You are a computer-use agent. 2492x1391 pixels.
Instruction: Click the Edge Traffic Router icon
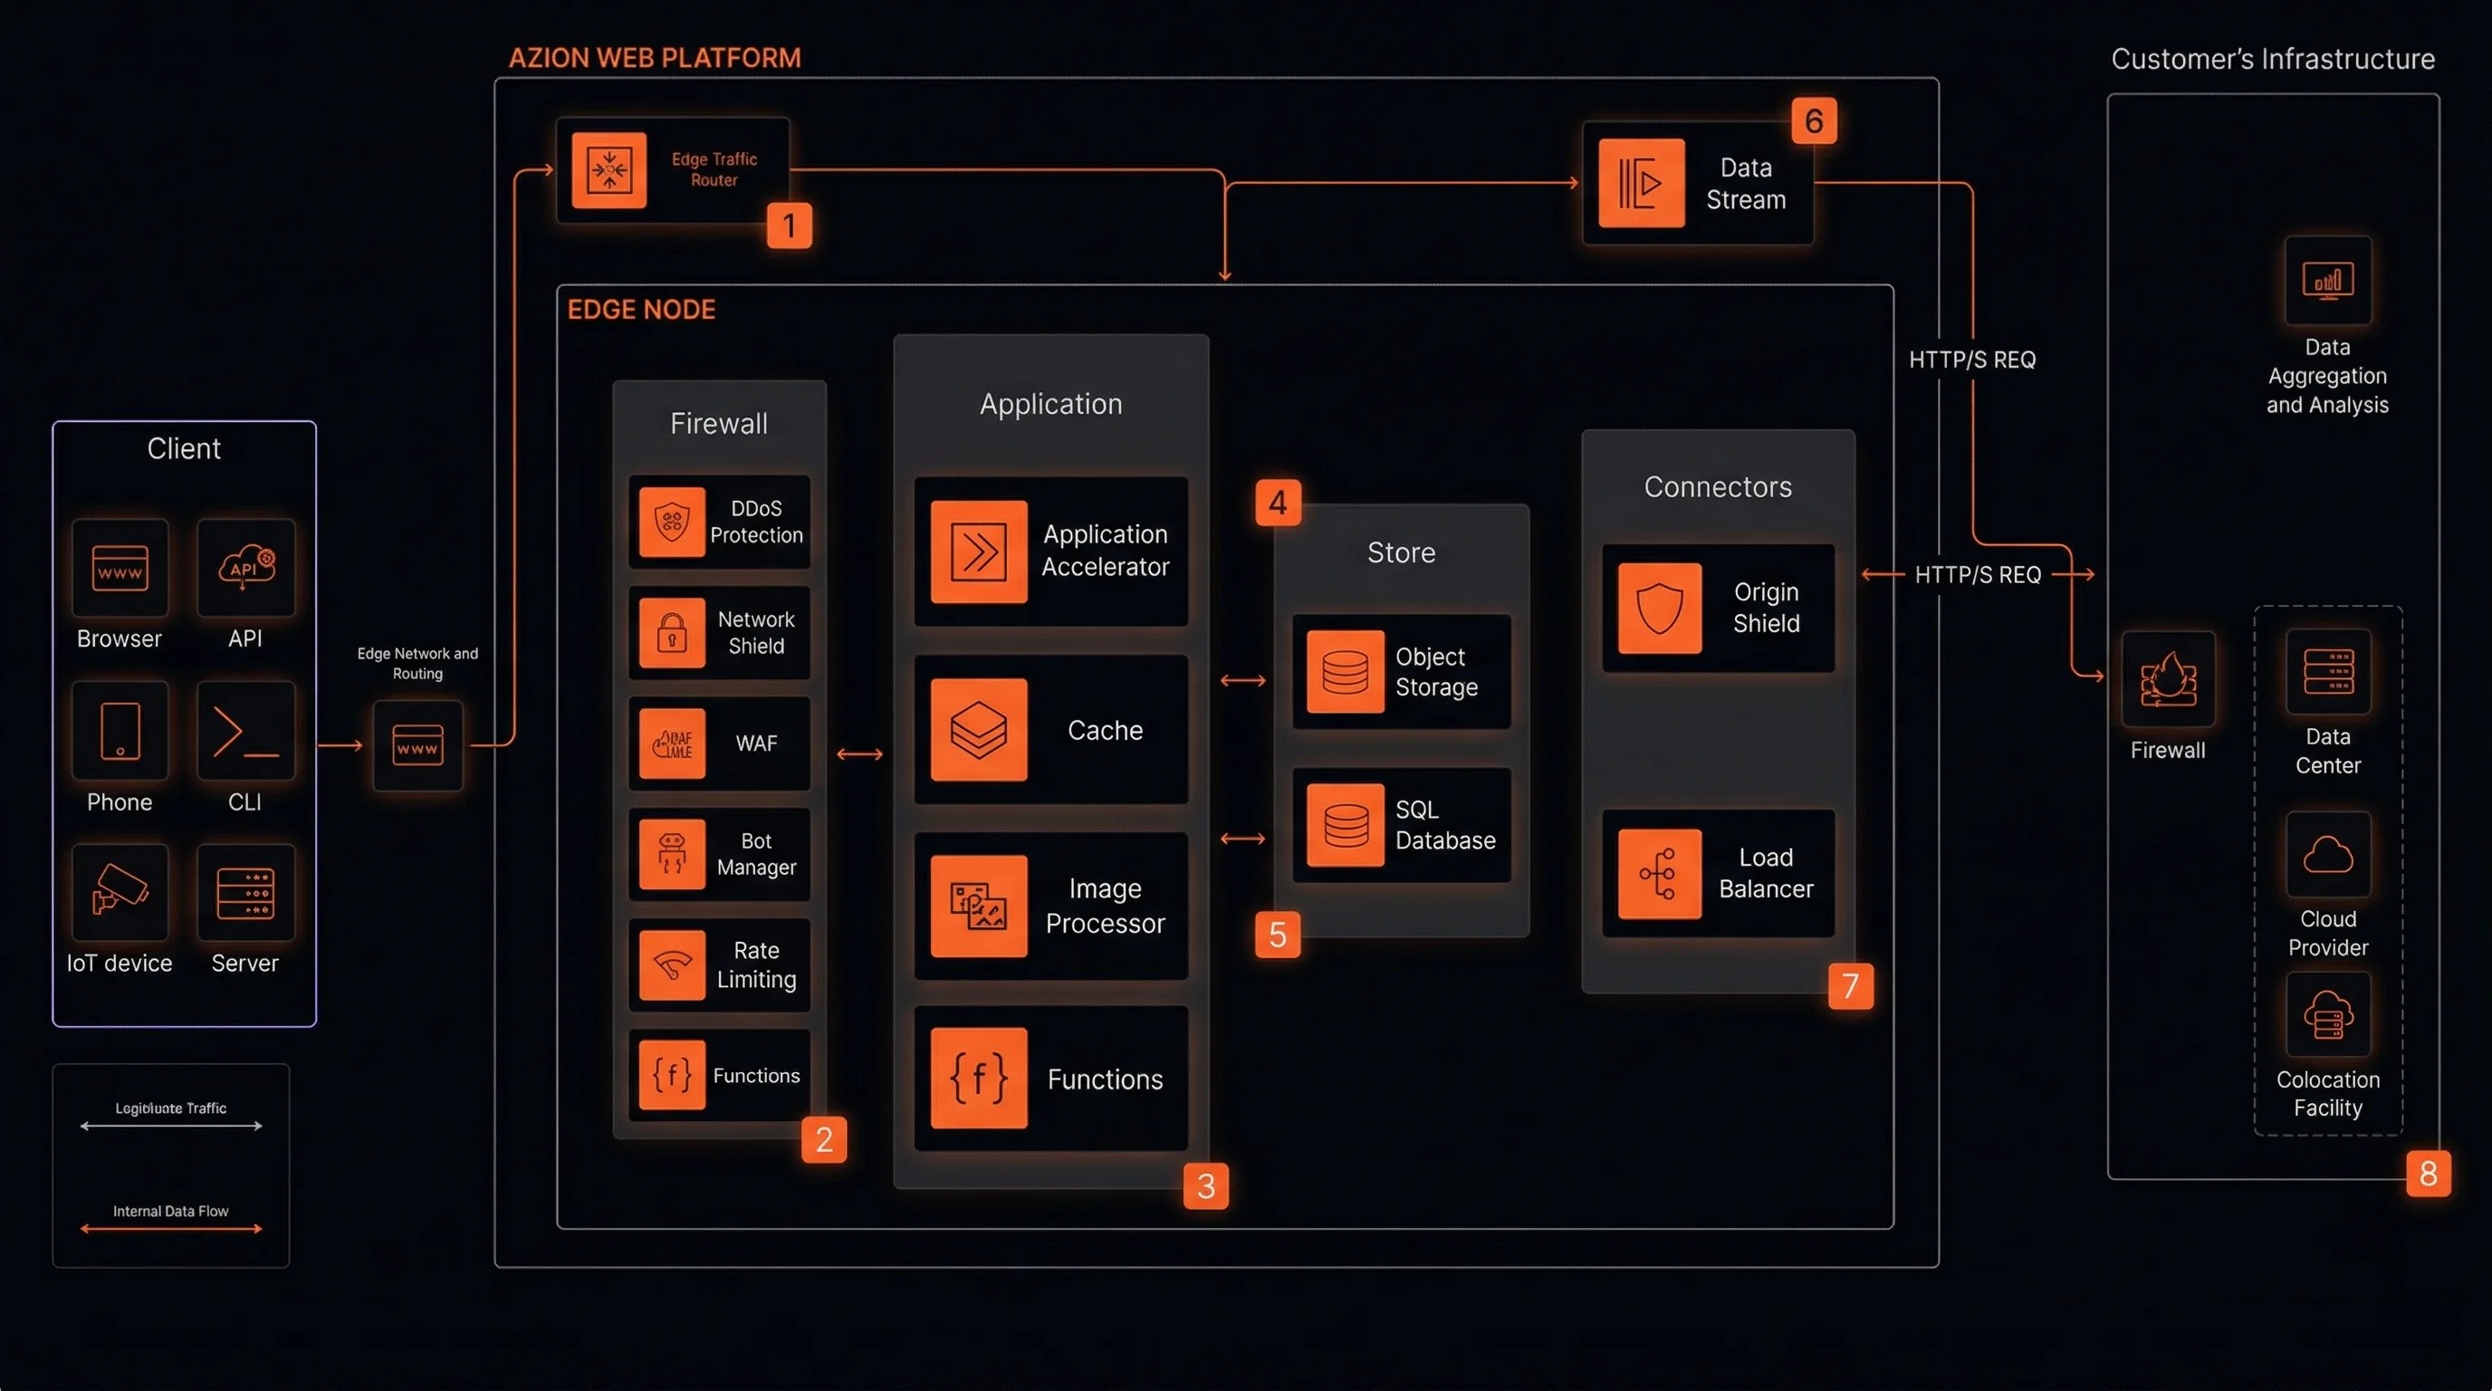pyautogui.click(x=609, y=170)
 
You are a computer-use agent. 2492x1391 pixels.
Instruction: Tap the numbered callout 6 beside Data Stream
pyautogui.click(x=1813, y=121)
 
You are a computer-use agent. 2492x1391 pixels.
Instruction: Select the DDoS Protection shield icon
pyautogui.click(x=671, y=522)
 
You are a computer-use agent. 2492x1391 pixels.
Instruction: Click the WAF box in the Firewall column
pyautogui.click(x=719, y=743)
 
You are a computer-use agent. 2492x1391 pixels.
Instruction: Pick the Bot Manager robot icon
pyautogui.click(x=671, y=854)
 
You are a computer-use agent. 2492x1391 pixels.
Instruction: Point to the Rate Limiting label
pyautogui.click(x=755, y=964)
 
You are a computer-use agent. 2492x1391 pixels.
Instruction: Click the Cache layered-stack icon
pyautogui.click(x=978, y=729)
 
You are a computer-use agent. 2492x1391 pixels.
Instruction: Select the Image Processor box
pyautogui.click(x=1050, y=906)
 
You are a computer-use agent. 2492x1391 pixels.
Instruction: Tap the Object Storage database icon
pyautogui.click(x=1345, y=671)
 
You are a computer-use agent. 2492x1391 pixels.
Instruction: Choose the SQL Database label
pyautogui.click(x=1444, y=825)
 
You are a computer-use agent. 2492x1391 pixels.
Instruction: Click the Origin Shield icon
pyautogui.click(x=1659, y=608)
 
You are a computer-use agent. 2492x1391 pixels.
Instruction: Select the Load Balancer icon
pyautogui.click(x=1659, y=874)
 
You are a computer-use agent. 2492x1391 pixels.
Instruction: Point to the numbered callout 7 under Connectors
pyautogui.click(x=1850, y=985)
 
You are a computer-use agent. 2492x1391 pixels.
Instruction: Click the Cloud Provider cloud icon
pyautogui.click(x=2327, y=855)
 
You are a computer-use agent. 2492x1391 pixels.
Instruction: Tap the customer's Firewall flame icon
pyautogui.click(x=2167, y=679)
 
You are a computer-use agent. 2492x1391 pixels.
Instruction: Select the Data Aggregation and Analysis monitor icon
pyautogui.click(x=2327, y=281)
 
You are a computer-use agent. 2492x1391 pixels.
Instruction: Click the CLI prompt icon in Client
pyautogui.click(x=244, y=732)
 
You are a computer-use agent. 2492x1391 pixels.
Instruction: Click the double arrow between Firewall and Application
pyautogui.click(x=859, y=753)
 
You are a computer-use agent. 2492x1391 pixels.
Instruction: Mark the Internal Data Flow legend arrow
pyautogui.click(x=170, y=1229)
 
